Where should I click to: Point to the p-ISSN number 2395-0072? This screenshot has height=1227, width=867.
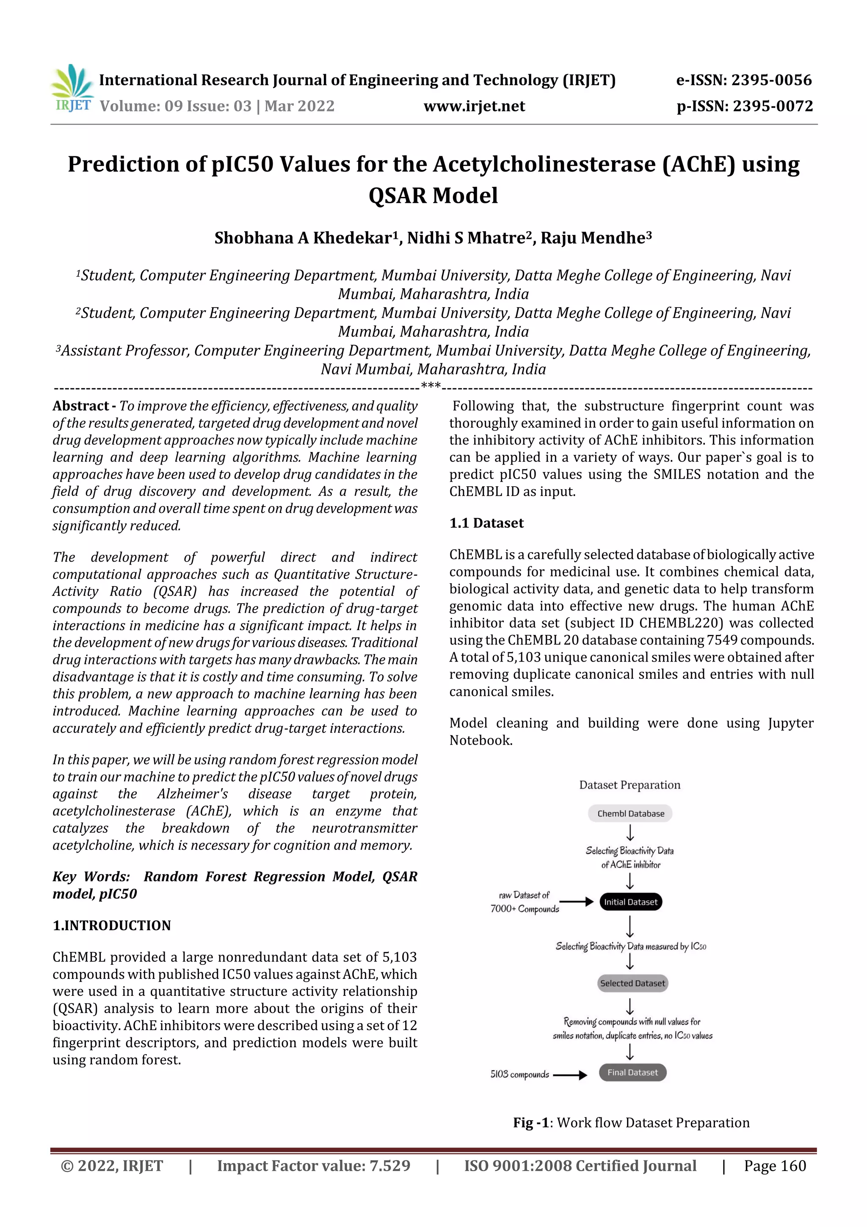773,106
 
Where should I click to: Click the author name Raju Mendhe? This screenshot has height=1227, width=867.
596,238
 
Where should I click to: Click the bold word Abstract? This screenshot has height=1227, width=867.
81,406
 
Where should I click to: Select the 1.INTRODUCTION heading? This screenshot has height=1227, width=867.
112,925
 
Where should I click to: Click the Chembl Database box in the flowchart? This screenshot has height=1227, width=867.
630,813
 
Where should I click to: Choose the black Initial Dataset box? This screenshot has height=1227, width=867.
630,902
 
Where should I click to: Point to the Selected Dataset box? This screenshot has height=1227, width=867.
632,983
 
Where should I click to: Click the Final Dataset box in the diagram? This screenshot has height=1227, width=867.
632,1072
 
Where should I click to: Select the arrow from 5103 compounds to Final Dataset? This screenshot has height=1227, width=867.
569,1075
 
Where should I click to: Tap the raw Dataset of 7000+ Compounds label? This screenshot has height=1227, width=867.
524,902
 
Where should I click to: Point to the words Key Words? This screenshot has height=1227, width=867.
91,877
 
